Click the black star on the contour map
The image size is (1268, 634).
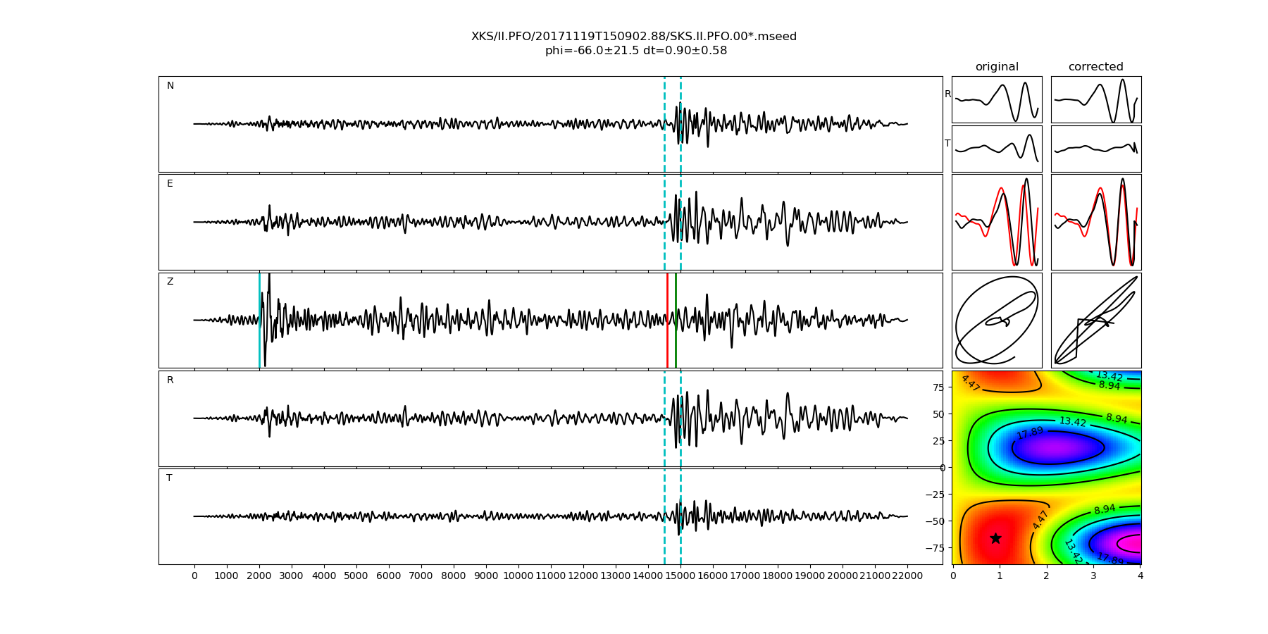pos(995,539)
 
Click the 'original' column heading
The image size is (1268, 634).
pos(997,67)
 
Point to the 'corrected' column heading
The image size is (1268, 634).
pos(1095,67)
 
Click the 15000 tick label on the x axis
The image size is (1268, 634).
pos(680,576)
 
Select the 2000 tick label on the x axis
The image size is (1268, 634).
pos(259,576)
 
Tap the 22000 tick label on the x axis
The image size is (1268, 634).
pos(907,576)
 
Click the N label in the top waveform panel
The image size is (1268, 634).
pos(170,86)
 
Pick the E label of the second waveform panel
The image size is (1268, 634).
pos(170,184)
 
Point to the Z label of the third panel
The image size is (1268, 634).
pos(170,282)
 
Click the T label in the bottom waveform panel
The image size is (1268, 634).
pos(169,478)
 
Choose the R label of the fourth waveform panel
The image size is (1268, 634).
pos(170,380)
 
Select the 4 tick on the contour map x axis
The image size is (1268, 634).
pos(1140,576)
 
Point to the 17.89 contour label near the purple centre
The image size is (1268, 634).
pos(1029,433)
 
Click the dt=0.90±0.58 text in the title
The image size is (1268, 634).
pos(685,51)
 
